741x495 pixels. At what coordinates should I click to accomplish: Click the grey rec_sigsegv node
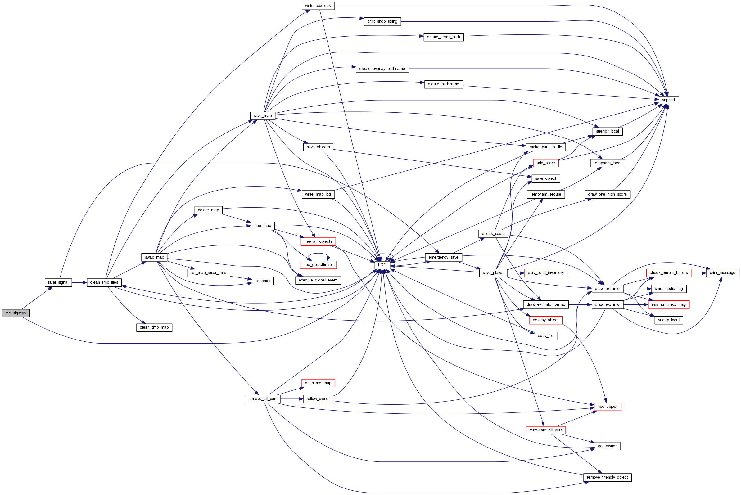point(16,313)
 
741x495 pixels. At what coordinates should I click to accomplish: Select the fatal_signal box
point(58,282)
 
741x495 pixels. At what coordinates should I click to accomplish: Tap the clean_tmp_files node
point(104,282)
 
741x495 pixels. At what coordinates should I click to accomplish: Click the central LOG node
point(382,265)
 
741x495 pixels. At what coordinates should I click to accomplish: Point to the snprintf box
point(668,100)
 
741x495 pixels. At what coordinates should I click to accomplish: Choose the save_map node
point(263,116)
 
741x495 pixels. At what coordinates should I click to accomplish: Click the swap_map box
point(154,257)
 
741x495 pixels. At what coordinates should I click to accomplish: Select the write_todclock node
point(318,6)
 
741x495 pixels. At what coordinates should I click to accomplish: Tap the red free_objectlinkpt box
point(318,265)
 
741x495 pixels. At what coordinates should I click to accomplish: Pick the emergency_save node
point(443,257)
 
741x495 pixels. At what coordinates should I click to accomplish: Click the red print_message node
point(722,273)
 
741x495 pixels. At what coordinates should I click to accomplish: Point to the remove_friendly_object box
point(608,477)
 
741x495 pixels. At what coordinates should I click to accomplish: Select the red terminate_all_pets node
point(546,430)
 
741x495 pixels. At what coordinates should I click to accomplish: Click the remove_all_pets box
point(263,399)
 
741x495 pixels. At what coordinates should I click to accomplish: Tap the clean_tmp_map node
point(154,328)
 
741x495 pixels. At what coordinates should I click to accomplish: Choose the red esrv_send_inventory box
point(546,273)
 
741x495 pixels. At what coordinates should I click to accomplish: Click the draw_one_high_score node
point(608,195)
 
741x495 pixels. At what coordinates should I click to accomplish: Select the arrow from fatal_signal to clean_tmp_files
point(79,282)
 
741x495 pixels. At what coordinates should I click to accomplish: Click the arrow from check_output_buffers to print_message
point(699,273)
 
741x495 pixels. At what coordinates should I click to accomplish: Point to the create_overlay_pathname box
point(382,69)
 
